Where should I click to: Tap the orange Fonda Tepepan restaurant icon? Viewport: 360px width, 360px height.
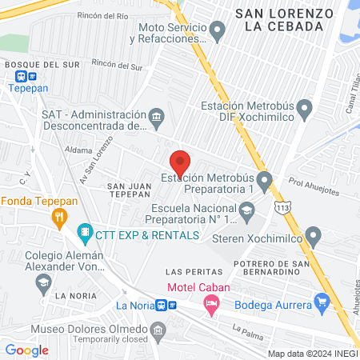coord(58,216)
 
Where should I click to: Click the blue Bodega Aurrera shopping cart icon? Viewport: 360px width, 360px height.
coord(322,302)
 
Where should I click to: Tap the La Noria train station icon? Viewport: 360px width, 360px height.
coord(163,305)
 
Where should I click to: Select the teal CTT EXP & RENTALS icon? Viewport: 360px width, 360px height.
coord(84,235)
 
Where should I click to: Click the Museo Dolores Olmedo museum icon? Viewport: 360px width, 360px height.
coord(158,329)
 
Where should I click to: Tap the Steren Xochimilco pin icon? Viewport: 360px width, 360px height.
coord(314,237)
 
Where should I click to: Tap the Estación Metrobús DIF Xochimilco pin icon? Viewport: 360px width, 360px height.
coord(303,107)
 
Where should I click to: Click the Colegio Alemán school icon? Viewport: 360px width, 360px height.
coord(43,281)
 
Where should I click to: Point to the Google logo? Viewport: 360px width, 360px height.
coord(26,350)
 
